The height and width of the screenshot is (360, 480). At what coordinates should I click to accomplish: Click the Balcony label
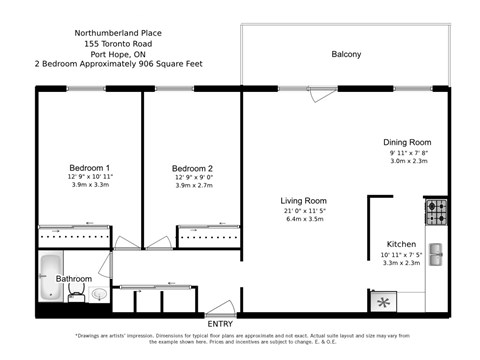point(346,54)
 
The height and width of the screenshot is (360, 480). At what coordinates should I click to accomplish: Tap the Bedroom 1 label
point(90,167)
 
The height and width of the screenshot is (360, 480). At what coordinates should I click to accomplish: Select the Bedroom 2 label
point(192,168)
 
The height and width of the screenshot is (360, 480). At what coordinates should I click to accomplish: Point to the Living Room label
point(304,200)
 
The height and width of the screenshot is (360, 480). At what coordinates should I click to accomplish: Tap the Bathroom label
point(73,279)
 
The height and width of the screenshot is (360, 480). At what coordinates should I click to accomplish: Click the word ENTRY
point(220,323)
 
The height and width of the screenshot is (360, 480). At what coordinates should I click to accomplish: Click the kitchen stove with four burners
point(437,212)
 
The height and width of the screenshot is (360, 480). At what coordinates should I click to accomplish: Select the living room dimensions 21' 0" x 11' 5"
point(304,212)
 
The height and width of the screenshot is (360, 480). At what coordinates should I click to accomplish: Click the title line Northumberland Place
point(117,32)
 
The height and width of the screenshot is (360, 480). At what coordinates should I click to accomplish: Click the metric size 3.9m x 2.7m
point(192,185)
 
